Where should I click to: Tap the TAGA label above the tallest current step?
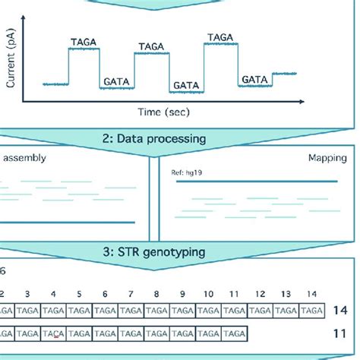tap(220, 36)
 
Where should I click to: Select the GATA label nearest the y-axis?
tap(116, 80)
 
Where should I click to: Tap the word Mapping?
tap(327, 159)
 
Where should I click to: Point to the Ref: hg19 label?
tap(189, 173)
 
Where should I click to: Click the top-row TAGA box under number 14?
tap(311, 311)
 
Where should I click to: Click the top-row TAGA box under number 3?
tap(27, 311)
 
